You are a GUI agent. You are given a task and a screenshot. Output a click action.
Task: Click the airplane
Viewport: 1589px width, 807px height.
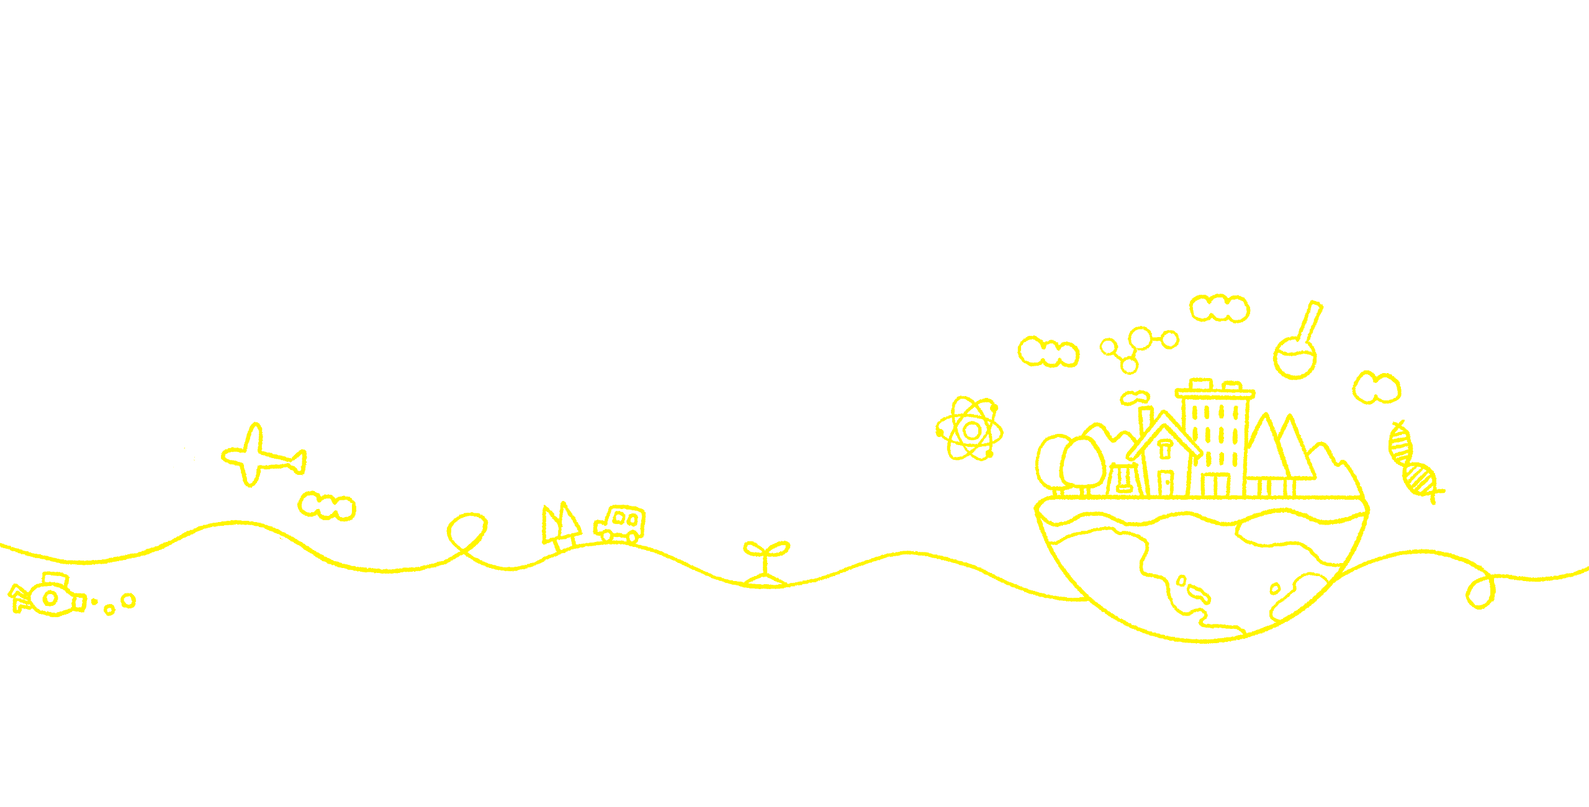click(261, 457)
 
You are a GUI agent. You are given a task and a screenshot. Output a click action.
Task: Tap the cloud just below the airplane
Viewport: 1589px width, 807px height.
click(327, 507)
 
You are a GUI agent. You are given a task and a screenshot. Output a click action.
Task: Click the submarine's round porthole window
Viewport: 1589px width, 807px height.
click(50, 598)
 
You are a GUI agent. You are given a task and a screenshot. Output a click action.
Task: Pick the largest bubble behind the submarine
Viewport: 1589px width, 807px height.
click(128, 600)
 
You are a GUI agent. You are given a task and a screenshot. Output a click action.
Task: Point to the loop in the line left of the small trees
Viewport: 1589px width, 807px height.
click(467, 531)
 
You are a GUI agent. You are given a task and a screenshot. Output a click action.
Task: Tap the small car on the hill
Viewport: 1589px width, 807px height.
click(620, 523)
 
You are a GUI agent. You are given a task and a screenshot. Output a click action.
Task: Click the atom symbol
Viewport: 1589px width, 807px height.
click(970, 429)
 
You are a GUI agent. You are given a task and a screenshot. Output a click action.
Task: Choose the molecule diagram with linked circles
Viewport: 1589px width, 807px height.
click(1138, 348)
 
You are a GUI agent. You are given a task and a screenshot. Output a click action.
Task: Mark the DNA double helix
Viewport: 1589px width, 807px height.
click(1413, 462)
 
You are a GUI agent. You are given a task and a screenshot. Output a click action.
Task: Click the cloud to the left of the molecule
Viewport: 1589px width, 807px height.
click(1048, 352)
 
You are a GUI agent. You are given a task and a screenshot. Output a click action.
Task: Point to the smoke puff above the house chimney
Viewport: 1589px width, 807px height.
click(1135, 397)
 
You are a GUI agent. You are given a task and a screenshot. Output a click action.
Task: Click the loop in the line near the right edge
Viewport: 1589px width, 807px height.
click(1481, 592)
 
